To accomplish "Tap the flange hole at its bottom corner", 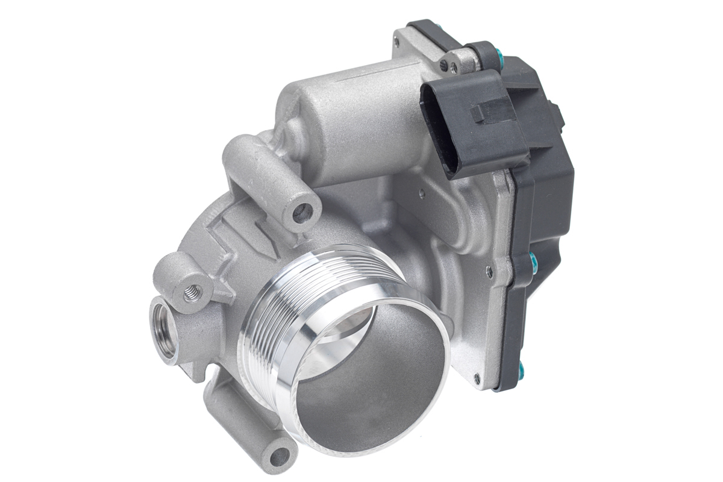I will click(477, 377).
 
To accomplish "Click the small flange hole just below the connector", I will click(421, 193).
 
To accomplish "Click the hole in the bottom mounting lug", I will click(278, 456).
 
